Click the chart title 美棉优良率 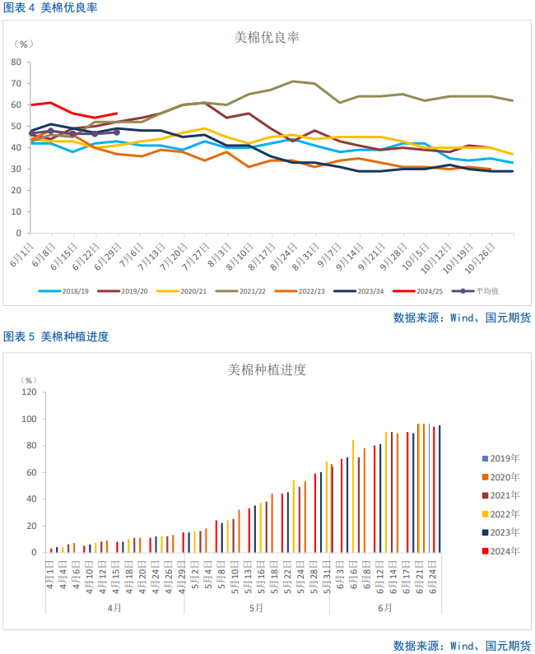click(x=267, y=38)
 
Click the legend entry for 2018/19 click(x=70, y=290)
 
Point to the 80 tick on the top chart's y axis click(x=16, y=62)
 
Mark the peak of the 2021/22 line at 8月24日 click(x=293, y=81)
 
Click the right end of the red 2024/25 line click(x=117, y=114)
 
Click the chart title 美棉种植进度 click(x=267, y=370)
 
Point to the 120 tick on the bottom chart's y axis click(x=29, y=392)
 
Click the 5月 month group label click(x=257, y=607)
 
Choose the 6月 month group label click(x=385, y=607)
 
